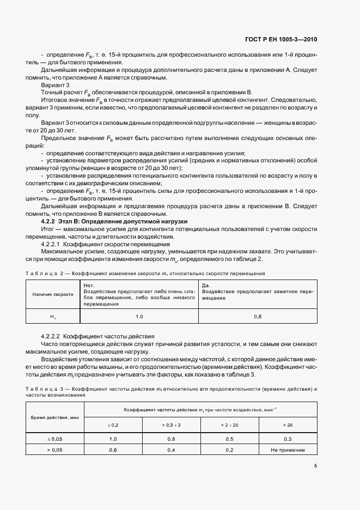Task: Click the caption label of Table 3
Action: point(41,388)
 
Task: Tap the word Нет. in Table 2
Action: point(88,285)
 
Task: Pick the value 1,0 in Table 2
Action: point(139,316)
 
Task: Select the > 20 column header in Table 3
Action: point(287,423)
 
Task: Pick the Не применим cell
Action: point(287,450)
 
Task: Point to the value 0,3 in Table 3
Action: point(287,439)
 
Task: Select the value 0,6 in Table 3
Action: point(113,450)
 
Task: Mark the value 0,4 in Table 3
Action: point(170,450)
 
